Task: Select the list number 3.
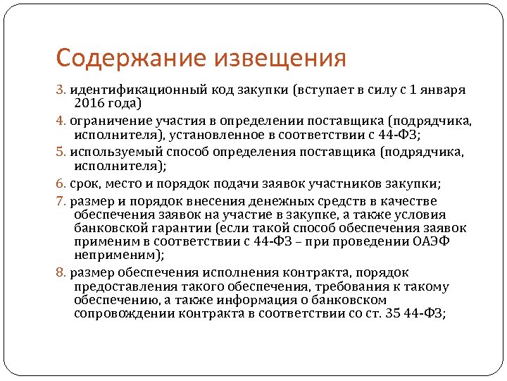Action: pyautogui.click(x=61, y=90)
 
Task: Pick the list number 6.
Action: pyautogui.click(x=61, y=183)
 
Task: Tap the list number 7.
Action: pyautogui.click(x=61, y=200)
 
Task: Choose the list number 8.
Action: pyautogui.click(x=61, y=273)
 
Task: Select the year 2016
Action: pyautogui.click(x=89, y=104)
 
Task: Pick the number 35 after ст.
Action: pyautogui.click(x=394, y=314)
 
